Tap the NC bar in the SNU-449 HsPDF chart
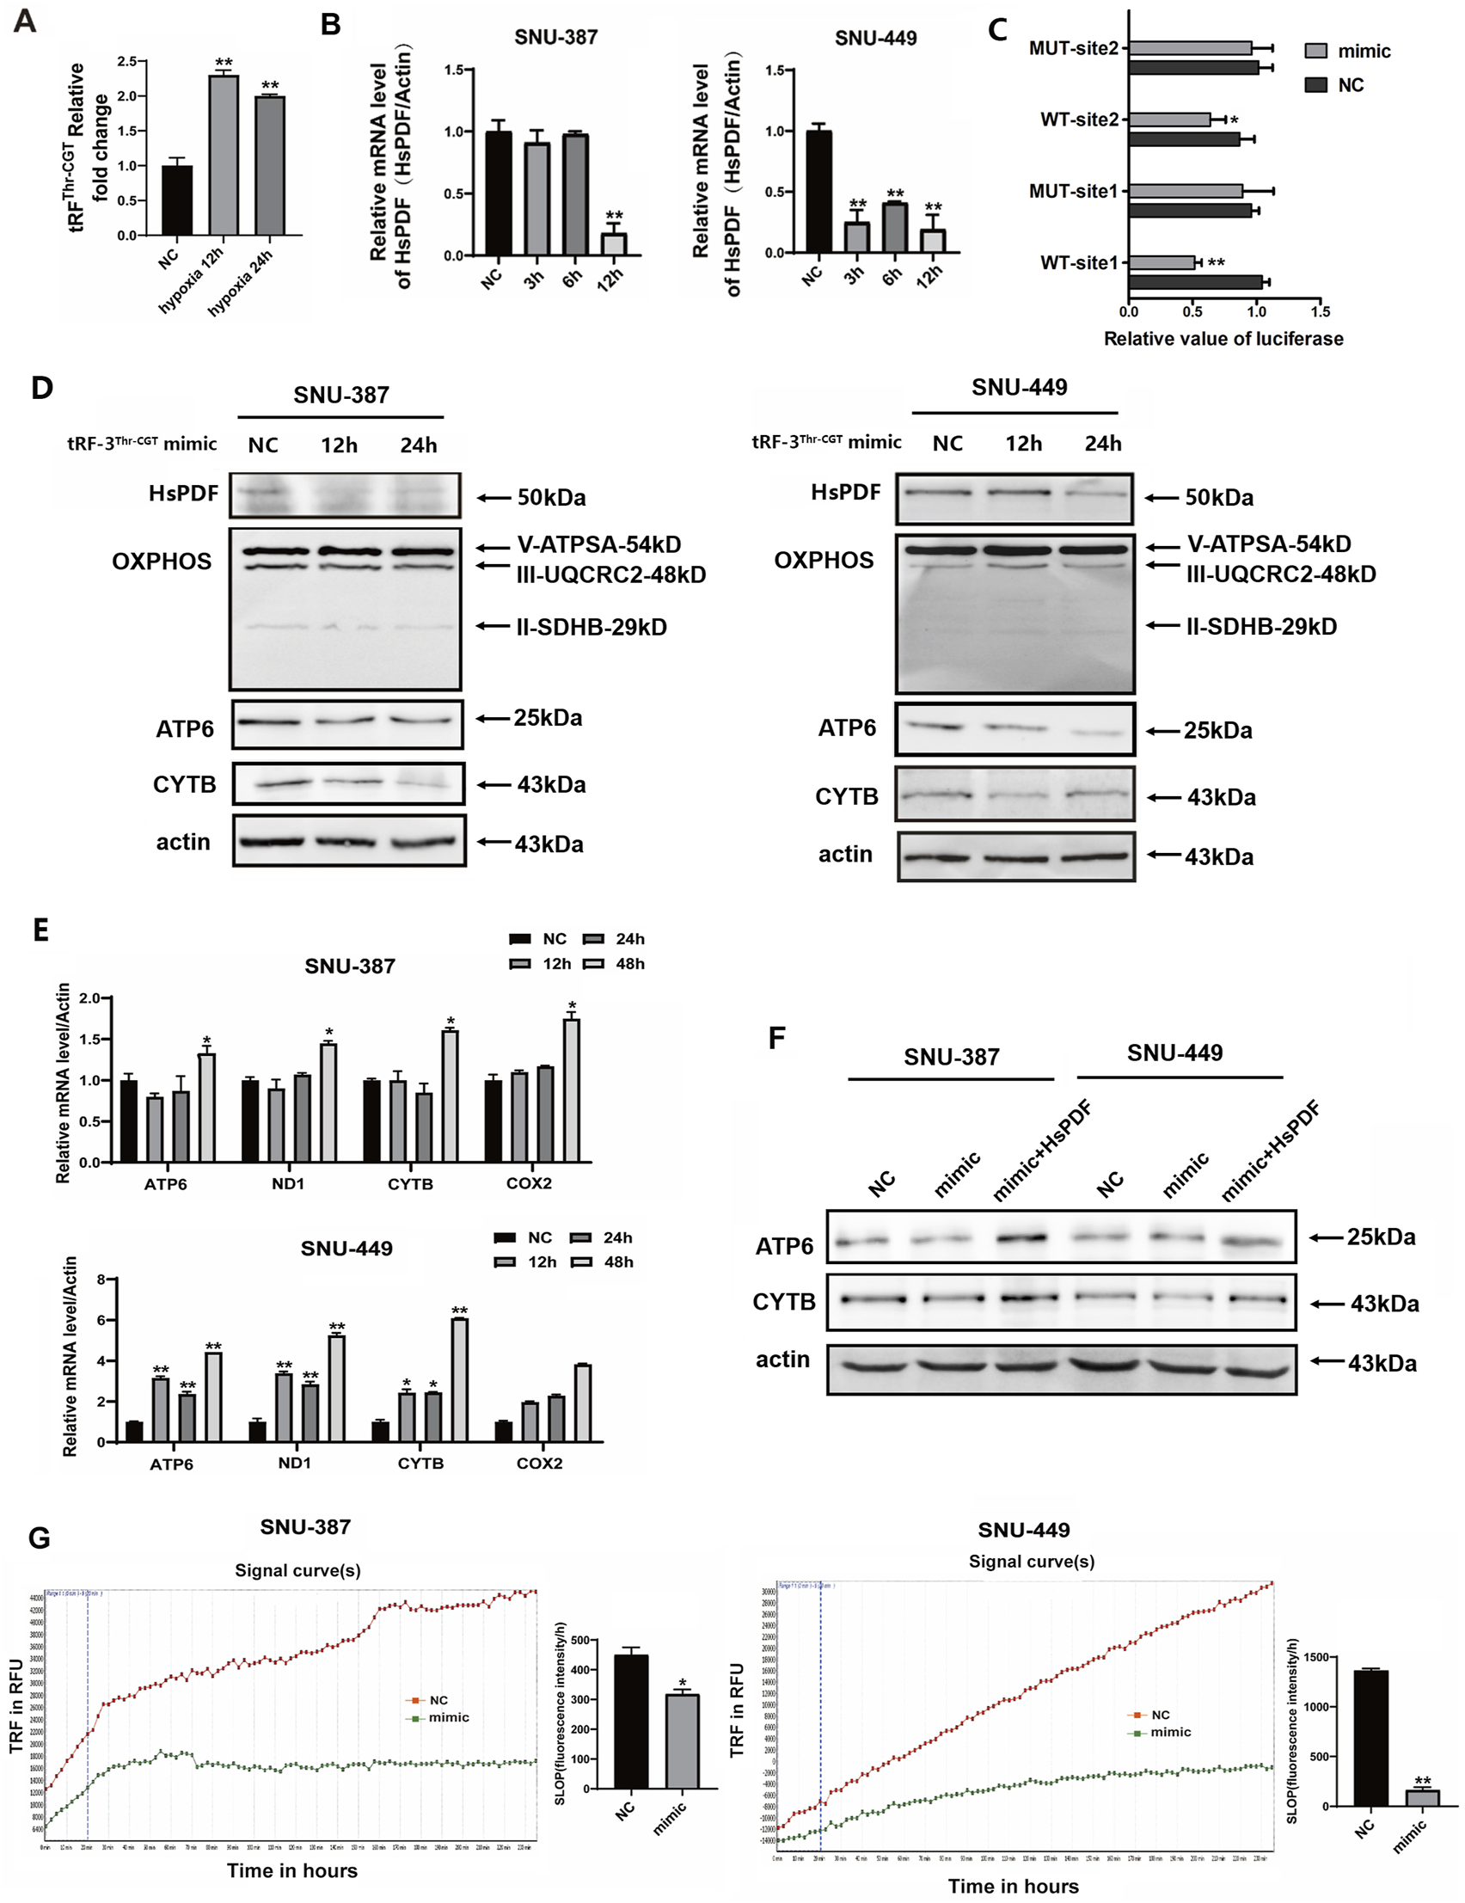point(818,192)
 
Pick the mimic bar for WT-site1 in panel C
point(1161,262)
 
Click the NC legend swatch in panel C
point(1315,84)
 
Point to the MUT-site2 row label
point(1073,48)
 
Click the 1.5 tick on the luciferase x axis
point(1320,312)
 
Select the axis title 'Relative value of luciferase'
point(1223,339)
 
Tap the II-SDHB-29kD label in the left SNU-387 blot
point(591,628)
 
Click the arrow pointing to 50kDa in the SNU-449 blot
point(1162,498)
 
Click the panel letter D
point(42,389)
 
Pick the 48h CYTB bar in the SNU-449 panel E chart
point(459,1380)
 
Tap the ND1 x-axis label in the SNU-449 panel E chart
point(294,1463)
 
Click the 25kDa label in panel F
point(1381,1237)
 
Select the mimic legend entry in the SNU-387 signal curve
point(449,1717)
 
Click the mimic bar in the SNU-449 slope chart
point(1421,1798)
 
